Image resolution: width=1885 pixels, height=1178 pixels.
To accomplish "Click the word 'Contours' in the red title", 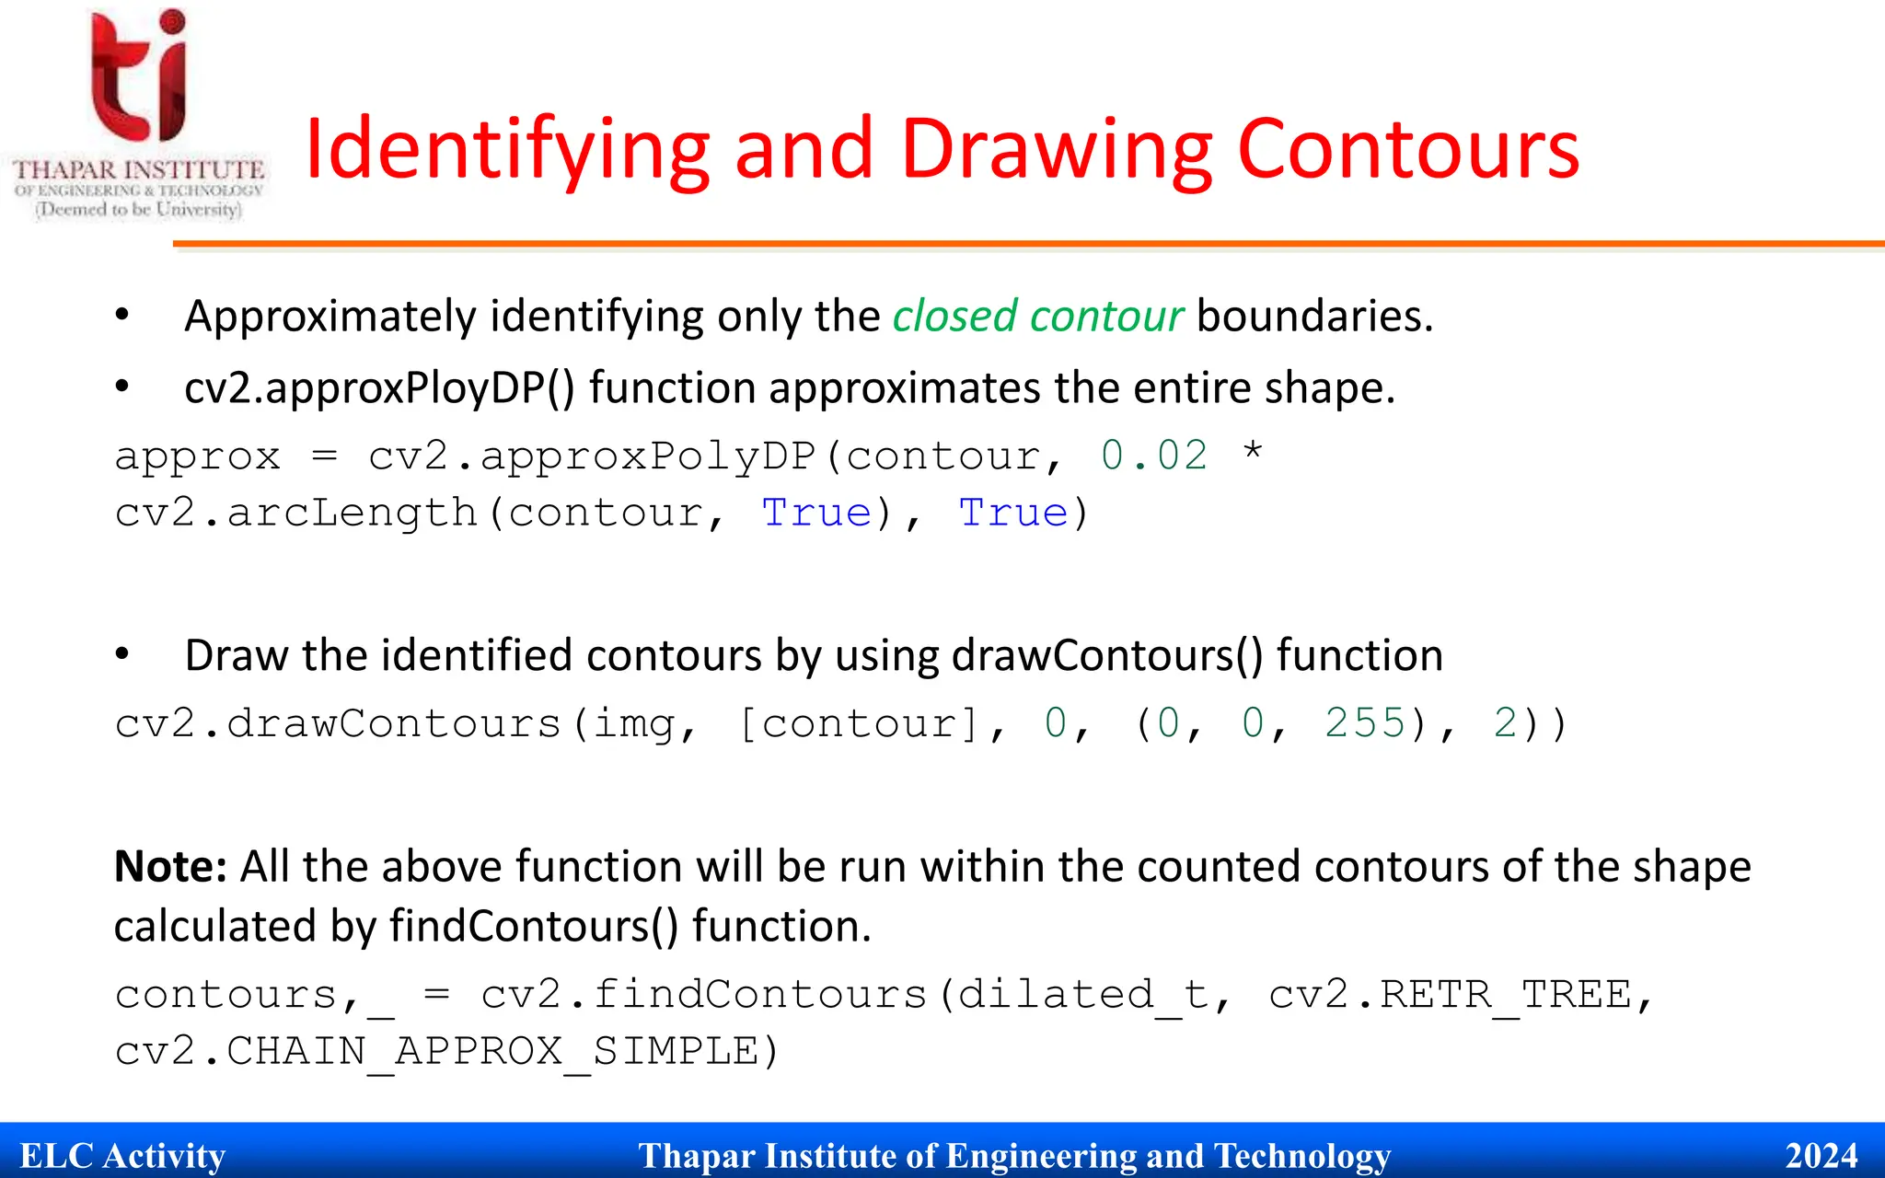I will pos(1408,149).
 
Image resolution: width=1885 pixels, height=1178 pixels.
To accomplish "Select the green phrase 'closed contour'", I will pos(1037,317).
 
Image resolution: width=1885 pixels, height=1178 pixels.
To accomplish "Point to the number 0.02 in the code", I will pos(1154,456).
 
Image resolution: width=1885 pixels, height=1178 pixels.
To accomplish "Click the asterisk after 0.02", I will pos(1252,453).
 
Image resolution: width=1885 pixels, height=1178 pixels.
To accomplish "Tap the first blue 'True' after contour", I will pos(816,513).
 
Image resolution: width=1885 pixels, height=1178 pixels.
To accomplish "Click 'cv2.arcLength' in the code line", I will pos(295,513).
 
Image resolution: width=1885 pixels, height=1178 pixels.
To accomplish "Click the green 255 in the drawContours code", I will pos(1365,723).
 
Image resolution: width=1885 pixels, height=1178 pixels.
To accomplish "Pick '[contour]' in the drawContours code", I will pos(858,723).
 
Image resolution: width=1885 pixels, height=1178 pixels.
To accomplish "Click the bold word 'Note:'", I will pos(170,867).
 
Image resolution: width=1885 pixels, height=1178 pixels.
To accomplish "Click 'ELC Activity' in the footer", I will pos(122,1156).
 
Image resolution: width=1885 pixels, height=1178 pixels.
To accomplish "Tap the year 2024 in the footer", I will pos(1821,1156).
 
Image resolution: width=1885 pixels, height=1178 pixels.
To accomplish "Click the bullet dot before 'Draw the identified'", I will pos(122,654).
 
